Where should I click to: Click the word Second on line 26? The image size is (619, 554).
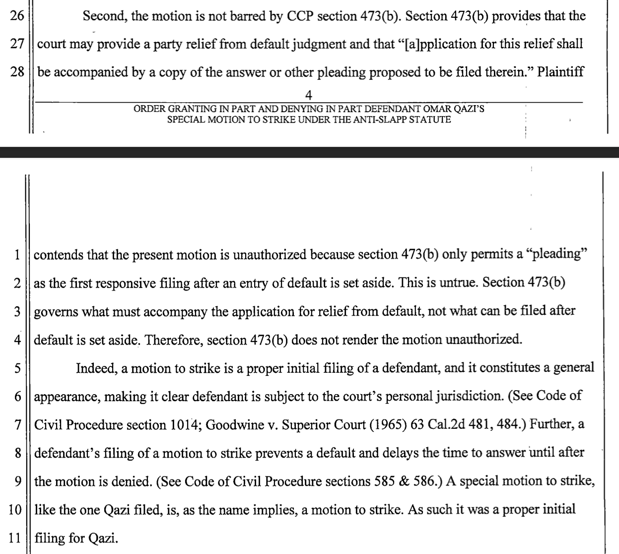tap(103, 16)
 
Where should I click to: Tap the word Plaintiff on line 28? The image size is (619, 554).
tap(560, 72)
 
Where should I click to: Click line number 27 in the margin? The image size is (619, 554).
tap(17, 44)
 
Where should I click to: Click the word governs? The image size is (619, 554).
tap(56, 311)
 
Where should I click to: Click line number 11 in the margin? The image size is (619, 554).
tap(16, 538)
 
